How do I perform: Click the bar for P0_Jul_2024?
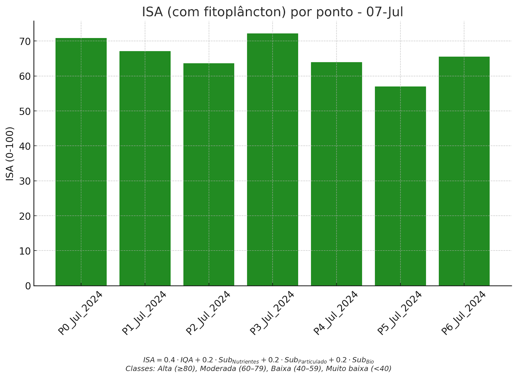(x=81, y=161)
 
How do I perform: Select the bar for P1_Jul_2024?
(x=145, y=168)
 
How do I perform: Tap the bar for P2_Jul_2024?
(x=209, y=174)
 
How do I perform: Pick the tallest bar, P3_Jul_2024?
(x=272, y=160)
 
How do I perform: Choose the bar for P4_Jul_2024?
(x=336, y=174)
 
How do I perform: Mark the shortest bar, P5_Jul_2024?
(x=400, y=186)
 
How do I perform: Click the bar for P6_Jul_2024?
(x=464, y=171)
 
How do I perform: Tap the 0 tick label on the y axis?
(x=28, y=286)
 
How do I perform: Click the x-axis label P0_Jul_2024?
(x=80, y=313)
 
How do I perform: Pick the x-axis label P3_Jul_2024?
(x=272, y=313)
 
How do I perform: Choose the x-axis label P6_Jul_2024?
(x=463, y=313)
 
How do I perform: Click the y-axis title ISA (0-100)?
(x=10, y=154)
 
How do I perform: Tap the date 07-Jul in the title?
(x=385, y=12)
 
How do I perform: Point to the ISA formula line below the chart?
(x=258, y=360)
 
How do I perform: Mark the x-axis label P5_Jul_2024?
(x=399, y=313)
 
